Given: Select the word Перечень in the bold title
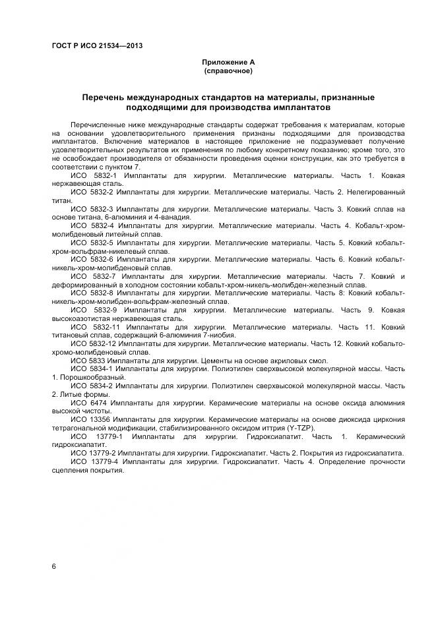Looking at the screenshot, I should (104, 98).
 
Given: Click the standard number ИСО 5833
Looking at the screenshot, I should (88, 361).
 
